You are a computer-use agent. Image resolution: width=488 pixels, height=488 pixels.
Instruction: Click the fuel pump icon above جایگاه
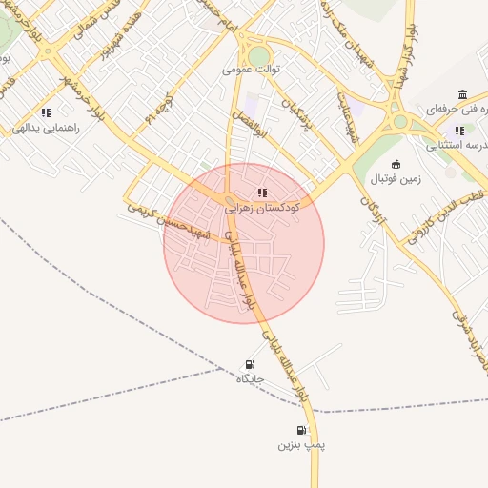point(250,364)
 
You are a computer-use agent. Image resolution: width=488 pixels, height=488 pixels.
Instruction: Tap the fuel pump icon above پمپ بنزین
point(301,431)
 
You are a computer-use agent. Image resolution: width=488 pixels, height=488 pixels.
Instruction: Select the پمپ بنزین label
point(301,445)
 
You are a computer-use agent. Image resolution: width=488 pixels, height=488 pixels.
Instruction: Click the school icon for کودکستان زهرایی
point(263,193)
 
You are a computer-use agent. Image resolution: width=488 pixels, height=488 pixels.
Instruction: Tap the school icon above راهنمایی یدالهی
point(46,113)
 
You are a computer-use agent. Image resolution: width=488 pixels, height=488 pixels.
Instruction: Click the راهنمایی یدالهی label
point(46,127)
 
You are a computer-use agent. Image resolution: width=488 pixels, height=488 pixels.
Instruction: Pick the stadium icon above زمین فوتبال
point(396,164)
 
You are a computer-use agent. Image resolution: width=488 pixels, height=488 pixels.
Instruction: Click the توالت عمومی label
point(247,69)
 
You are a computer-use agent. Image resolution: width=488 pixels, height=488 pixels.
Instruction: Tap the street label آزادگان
point(374,217)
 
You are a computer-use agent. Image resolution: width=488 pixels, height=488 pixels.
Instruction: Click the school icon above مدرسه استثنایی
point(459,131)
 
